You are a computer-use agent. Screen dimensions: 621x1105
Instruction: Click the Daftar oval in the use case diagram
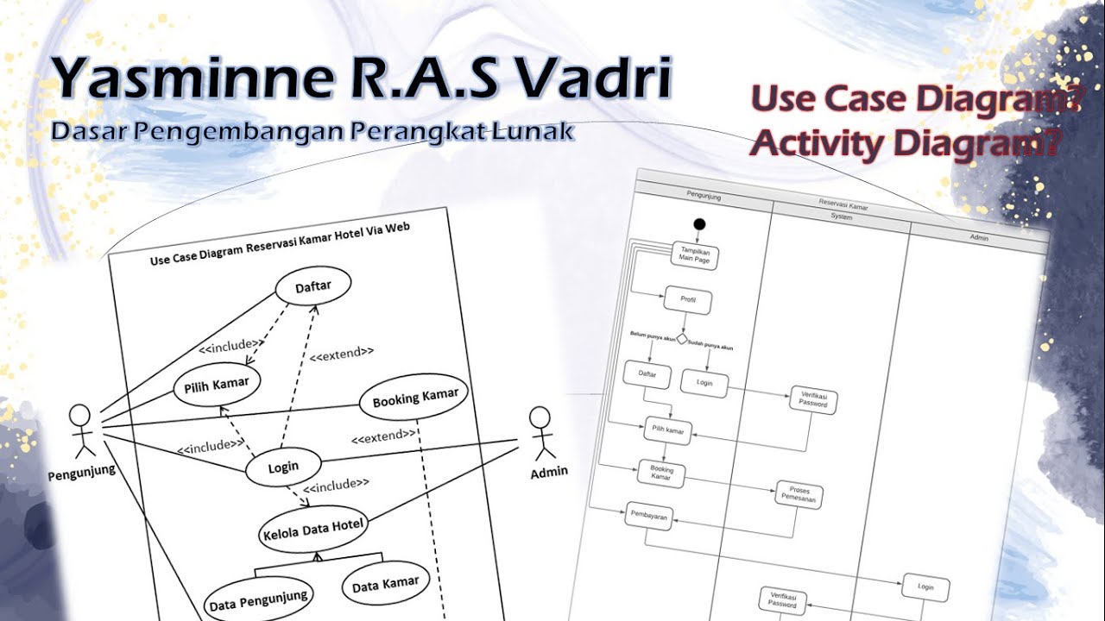(x=313, y=286)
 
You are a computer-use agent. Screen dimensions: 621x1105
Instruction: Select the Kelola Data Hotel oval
(x=313, y=525)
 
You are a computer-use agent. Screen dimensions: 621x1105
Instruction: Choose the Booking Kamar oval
(x=414, y=398)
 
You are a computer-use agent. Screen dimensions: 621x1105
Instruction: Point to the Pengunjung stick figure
(x=80, y=430)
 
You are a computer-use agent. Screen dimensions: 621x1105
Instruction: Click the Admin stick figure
(x=540, y=434)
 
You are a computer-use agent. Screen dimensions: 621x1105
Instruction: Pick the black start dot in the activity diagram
(x=699, y=224)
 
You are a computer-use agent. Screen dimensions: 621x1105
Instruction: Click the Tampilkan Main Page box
(x=694, y=255)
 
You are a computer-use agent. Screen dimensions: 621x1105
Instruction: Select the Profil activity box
(x=688, y=301)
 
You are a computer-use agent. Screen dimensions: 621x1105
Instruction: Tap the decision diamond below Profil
(x=681, y=339)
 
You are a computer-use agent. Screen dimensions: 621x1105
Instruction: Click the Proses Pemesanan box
(x=799, y=495)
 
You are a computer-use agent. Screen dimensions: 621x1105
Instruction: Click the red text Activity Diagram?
(x=905, y=142)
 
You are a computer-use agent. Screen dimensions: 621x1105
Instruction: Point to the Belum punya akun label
(x=651, y=334)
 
